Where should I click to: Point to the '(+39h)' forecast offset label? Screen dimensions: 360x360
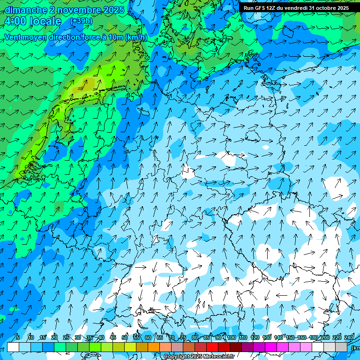click(81, 21)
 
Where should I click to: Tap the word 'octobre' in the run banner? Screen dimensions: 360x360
click(324, 8)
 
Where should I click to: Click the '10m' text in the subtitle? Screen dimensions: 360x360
click(115, 37)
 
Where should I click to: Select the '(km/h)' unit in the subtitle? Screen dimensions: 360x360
click(136, 37)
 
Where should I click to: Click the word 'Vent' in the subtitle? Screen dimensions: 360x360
click(13, 37)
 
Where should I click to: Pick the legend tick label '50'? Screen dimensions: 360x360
click(125, 337)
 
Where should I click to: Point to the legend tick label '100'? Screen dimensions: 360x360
click(231, 337)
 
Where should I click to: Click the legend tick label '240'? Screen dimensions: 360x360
click(348, 337)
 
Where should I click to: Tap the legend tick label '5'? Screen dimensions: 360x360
click(18, 337)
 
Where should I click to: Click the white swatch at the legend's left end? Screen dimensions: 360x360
click(13, 347)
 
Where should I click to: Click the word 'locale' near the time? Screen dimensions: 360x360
click(45, 22)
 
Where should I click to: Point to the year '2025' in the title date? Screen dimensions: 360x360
click(114, 10)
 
